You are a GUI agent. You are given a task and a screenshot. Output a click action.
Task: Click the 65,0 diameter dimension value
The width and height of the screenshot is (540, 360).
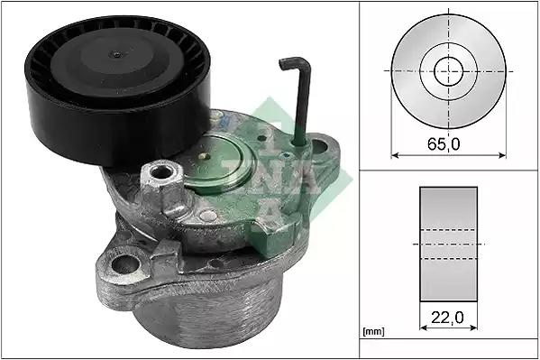(444, 143)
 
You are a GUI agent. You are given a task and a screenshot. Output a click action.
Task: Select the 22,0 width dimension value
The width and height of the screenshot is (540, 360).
(448, 318)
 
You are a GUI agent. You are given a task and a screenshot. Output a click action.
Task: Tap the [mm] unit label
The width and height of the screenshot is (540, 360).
(373, 332)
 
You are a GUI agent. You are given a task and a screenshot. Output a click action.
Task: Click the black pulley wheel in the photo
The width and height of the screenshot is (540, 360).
(118, 90)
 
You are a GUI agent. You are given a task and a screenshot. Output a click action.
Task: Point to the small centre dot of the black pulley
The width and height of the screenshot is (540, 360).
(117, 54)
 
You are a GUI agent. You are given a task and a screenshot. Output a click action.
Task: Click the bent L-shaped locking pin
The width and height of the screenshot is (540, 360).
(298, 100)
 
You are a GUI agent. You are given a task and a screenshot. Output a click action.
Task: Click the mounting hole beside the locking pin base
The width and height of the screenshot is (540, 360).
(320, 146)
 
